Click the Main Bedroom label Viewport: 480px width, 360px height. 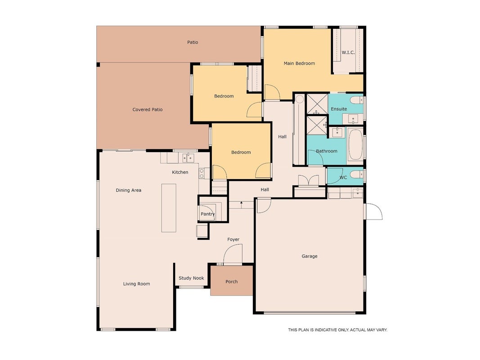pos(299,63)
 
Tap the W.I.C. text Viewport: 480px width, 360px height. pos(348,52)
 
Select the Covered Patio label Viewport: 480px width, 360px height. pos(147,109)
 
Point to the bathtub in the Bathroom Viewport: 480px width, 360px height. pos(355,144)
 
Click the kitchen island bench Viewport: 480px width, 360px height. pos(169,208)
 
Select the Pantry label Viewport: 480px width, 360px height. pos(207,214)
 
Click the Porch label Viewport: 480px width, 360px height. pos(231,282)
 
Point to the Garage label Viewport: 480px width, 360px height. pos(310,256)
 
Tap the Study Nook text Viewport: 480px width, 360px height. pos(191,278)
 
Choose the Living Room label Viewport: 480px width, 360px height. pos(136,284)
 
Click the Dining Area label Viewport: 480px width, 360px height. pos(129,190)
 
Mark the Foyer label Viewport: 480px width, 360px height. pos(233,239)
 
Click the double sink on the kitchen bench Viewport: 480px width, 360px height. pos(188,158)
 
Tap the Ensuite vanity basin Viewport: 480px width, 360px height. pos(353,118)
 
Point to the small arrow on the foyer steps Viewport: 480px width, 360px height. pos(242,202)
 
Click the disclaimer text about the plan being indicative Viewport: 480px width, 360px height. pos(338,330)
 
